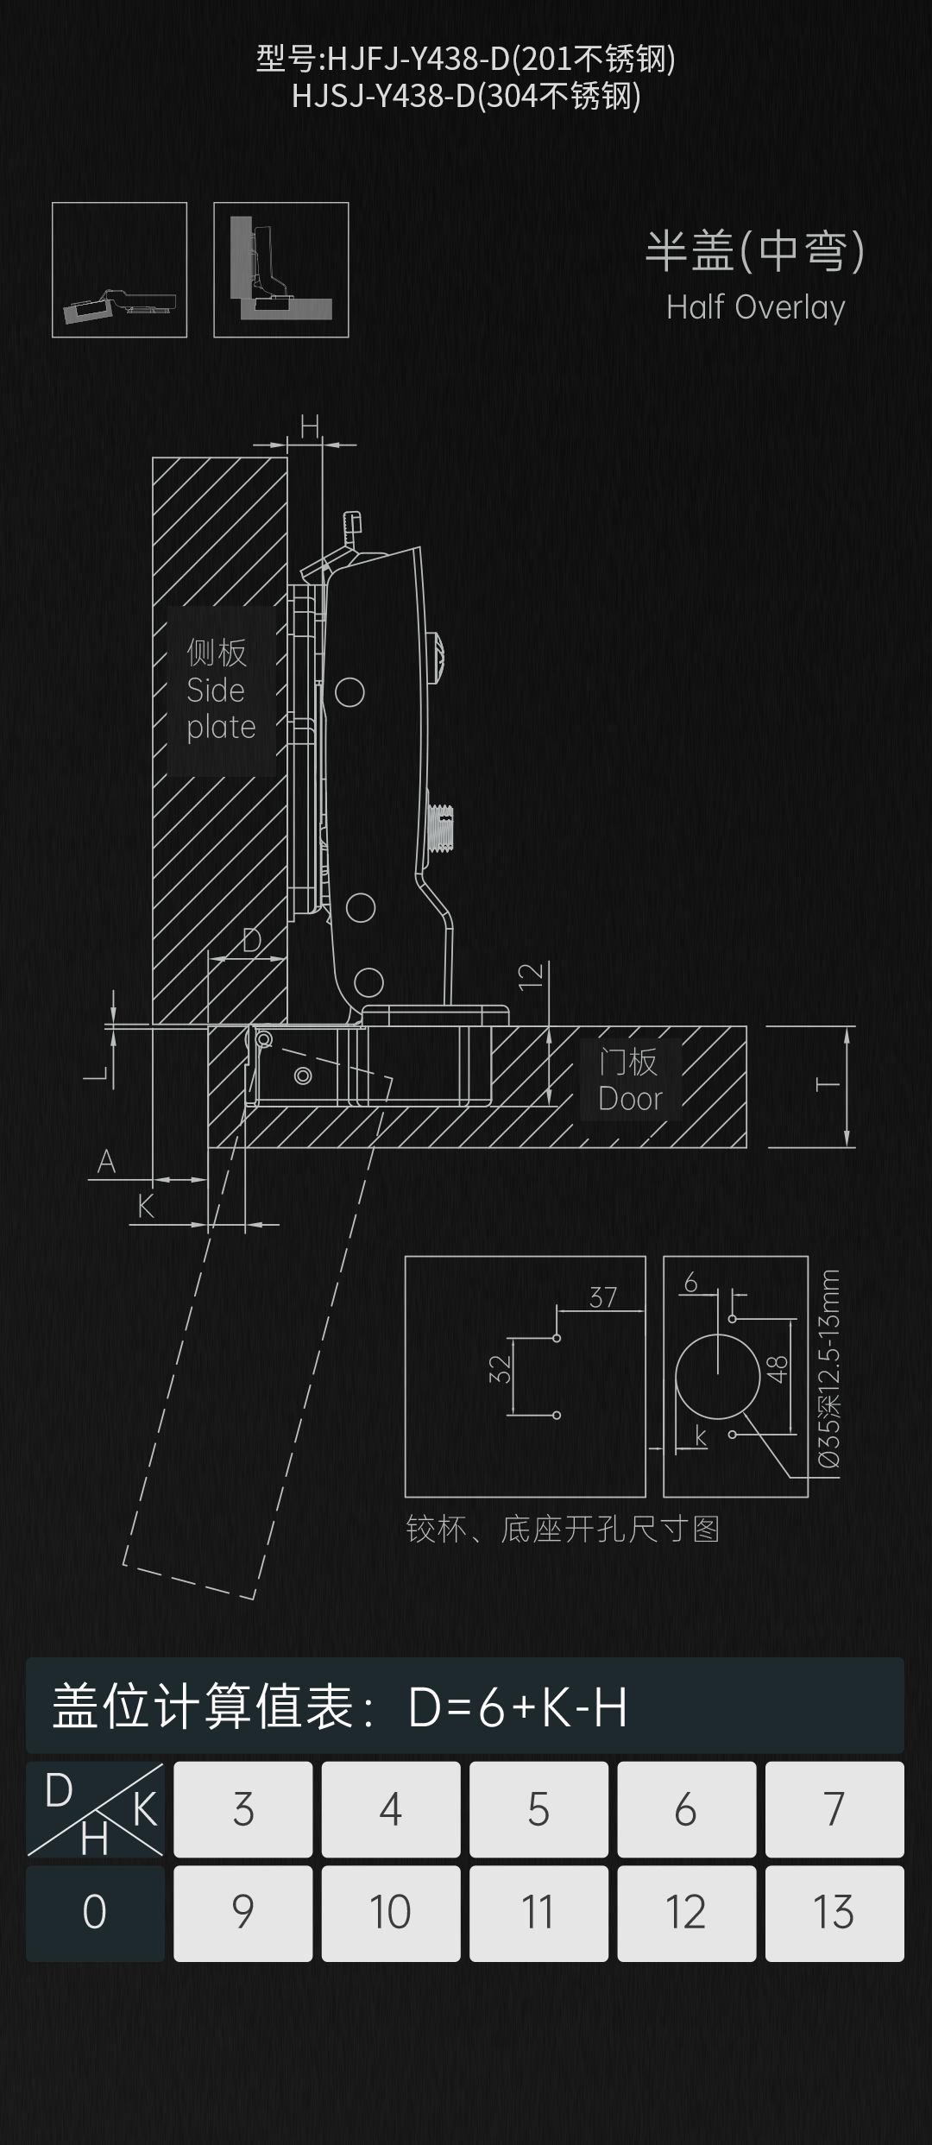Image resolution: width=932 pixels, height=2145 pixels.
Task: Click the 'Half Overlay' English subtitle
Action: (x=755, y=308)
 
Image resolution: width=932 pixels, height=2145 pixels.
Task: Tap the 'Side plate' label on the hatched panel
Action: (x=221, y=691)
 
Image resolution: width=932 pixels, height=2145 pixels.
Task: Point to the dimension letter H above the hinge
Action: (x=310, y=426)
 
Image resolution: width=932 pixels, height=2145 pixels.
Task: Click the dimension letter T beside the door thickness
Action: (x=828, y=1084)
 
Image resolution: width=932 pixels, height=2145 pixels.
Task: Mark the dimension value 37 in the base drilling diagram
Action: (x=603, y=1297)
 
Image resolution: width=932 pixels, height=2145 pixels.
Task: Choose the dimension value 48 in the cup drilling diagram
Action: (x=778, y=1369)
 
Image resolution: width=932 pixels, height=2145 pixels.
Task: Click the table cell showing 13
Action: (x=834, y=1913)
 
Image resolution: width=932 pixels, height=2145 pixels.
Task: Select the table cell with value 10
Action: (x=390, y=1913)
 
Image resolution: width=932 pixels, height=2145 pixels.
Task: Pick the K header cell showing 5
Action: (x=538, y=1809)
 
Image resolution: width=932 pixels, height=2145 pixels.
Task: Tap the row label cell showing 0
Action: (x=95, y=1913)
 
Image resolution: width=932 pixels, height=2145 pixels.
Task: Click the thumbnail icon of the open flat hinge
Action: (x=119, y=269)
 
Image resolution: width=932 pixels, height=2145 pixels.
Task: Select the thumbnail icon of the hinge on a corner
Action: (x=281, y=269)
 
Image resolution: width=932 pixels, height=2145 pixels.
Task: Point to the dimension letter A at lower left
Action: (x=106, y=1162)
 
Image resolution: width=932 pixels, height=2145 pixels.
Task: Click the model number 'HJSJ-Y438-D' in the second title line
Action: (x=383, y=96)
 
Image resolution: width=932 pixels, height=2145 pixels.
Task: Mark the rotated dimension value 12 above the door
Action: (x=531, y=975)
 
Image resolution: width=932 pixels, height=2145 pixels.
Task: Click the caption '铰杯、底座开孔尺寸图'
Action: (x=563, y=1530)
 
